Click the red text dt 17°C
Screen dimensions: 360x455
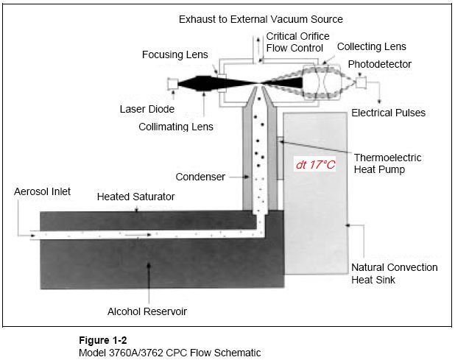click(x=315, y=165)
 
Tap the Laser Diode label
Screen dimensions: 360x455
click(x=147, y=110)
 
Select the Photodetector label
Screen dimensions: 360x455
click(x=379, y=64)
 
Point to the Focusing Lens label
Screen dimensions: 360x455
click(x=176, y=54)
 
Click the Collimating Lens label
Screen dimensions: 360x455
click(x=176, y=127)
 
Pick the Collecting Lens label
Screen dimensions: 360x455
click(x=372, y=46)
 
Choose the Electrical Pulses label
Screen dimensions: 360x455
click(x=388, y=113)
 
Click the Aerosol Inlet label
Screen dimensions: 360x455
click(x=42, y=191)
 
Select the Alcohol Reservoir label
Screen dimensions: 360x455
click(x=147, y=311)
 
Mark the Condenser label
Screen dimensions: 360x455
click(x=200, y=177)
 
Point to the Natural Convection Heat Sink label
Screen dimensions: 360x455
click(x=394, y=273)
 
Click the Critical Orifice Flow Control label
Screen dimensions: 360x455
click(x=297, y=42)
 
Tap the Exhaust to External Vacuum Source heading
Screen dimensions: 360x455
click(x=261, y=18)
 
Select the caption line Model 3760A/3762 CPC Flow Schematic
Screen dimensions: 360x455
click(x=169, y=353)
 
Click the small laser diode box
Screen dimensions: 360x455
click(x=174, y=84)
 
